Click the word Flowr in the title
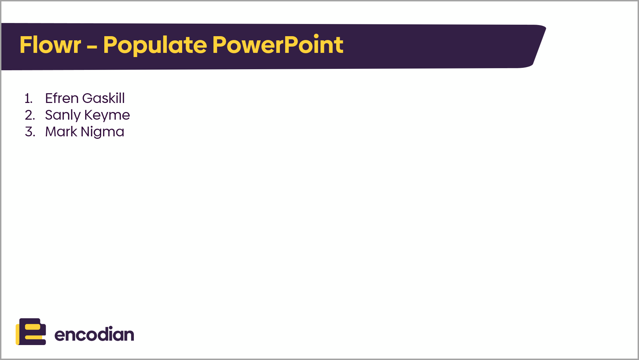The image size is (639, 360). click(50, 45)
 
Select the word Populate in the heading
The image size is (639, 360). click(155, 45)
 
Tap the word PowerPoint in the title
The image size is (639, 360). click(278, 45)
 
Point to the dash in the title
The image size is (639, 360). click(92, 47)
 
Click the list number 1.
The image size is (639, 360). click(29, 98)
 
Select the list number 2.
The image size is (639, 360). click(30, 115)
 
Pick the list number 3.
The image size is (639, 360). click(30, 132)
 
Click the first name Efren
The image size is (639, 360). click(62, 98)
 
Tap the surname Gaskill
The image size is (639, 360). click(104, 98)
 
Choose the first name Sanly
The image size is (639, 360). click(63, 115)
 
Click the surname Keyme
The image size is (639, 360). click(107, 115)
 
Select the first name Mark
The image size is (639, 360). click(61, 132)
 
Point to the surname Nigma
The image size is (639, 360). click(103, 132)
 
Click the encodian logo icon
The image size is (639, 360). click(31, 331)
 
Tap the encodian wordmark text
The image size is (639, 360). click(94, 334)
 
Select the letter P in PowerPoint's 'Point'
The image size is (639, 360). click(290, 45)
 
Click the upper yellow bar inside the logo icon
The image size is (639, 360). click(33, 327)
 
